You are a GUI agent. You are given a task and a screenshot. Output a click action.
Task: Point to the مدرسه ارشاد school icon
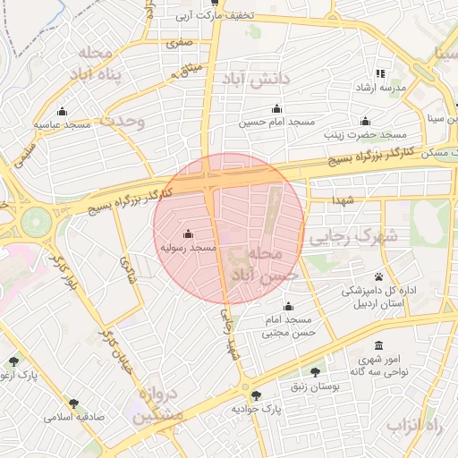tap(380, 74)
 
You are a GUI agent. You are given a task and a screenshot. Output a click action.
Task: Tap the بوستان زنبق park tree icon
tap(314, 371)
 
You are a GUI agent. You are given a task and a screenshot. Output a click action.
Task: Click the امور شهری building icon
tap(378, 345)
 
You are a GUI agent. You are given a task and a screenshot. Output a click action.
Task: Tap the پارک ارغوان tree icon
tap(13, 361)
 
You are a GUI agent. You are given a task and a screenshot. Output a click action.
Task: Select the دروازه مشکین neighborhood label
tap(157, 407)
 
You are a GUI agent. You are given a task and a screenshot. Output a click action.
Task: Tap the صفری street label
tap(178, 42)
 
